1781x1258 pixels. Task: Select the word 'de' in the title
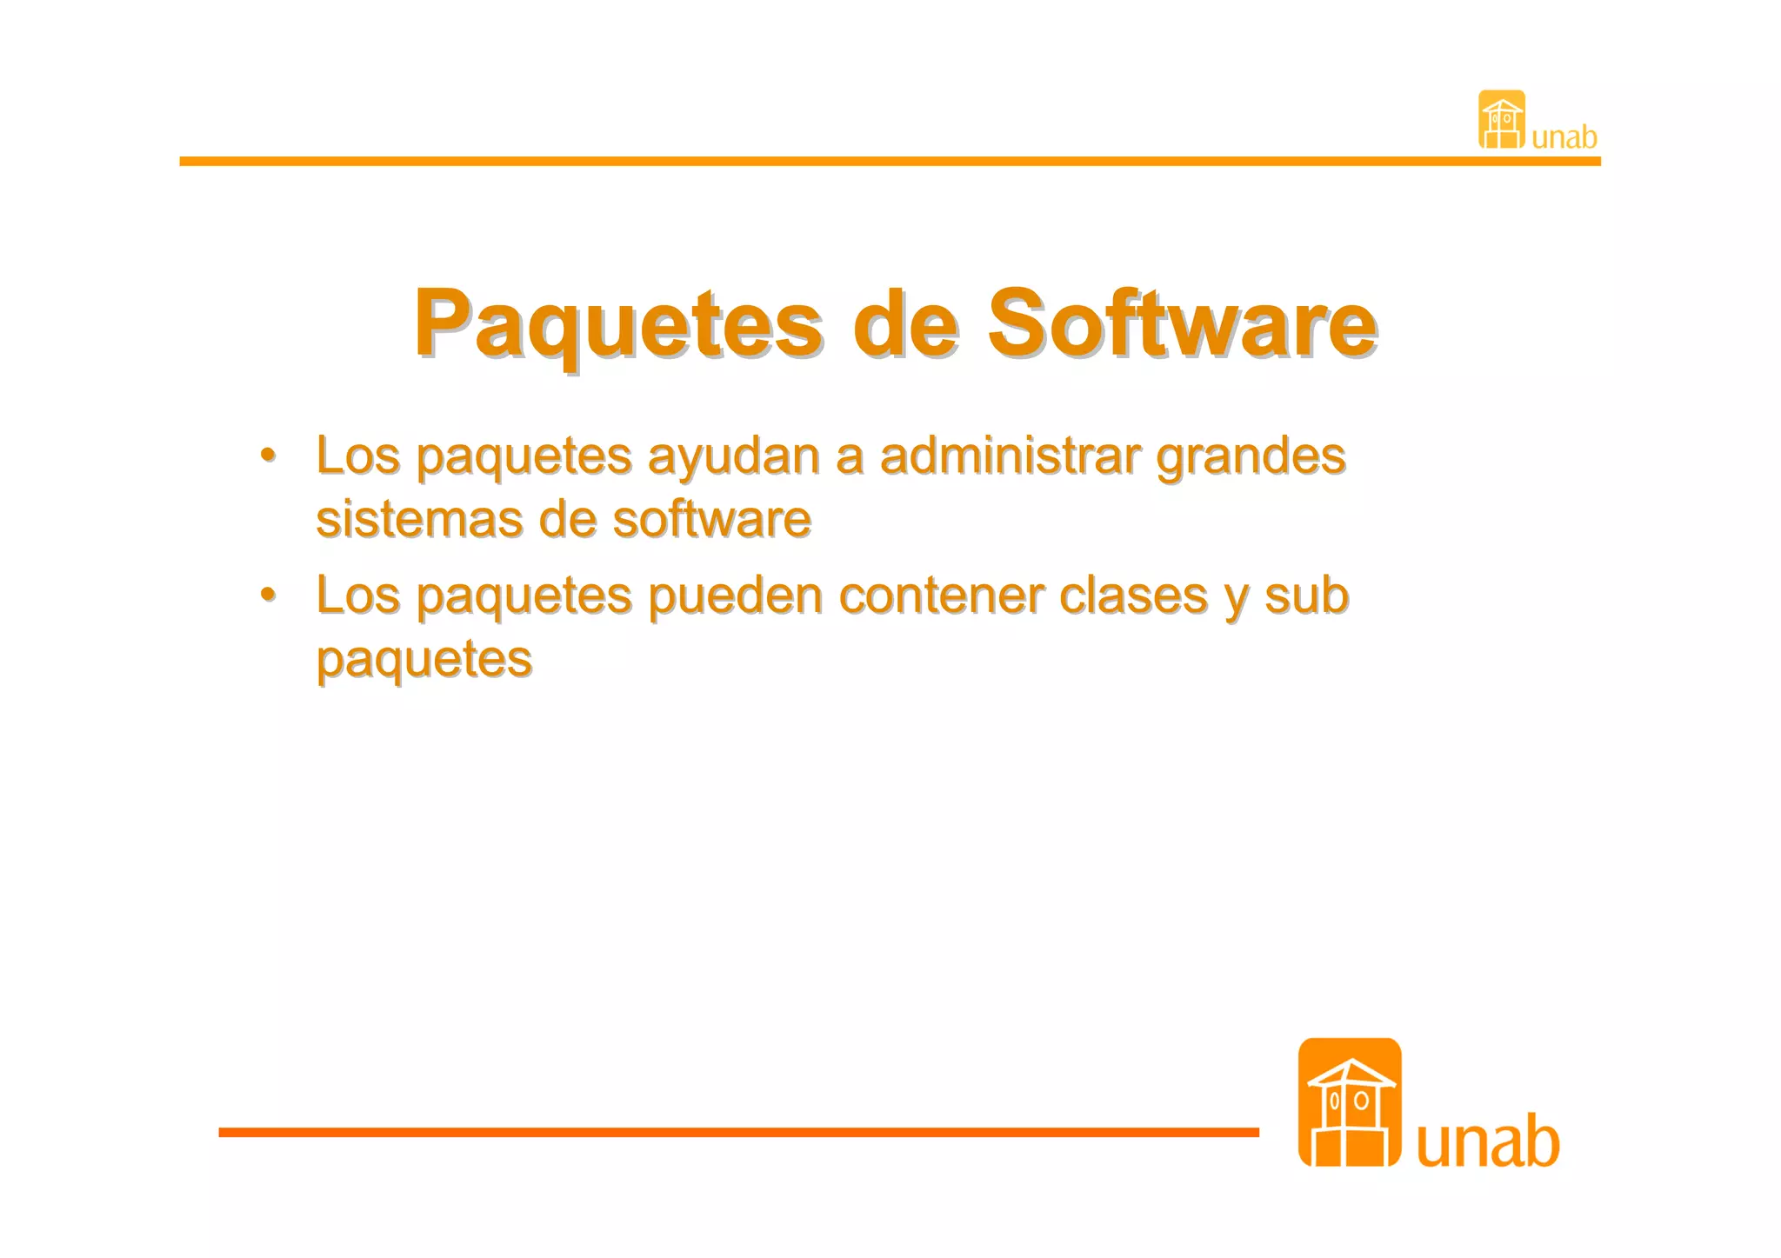point(906,323)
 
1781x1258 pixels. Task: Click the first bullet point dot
point(269,455)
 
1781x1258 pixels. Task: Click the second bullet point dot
point(269,595)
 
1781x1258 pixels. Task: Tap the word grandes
point(1251,457)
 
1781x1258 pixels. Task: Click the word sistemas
point(418,519)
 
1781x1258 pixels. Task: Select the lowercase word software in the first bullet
point(711,519)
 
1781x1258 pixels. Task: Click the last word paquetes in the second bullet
point(424,660)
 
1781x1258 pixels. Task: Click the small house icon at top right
point(1502,119)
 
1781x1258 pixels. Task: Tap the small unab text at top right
point(1564,137)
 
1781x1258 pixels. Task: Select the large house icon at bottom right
point(1349,1102)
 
